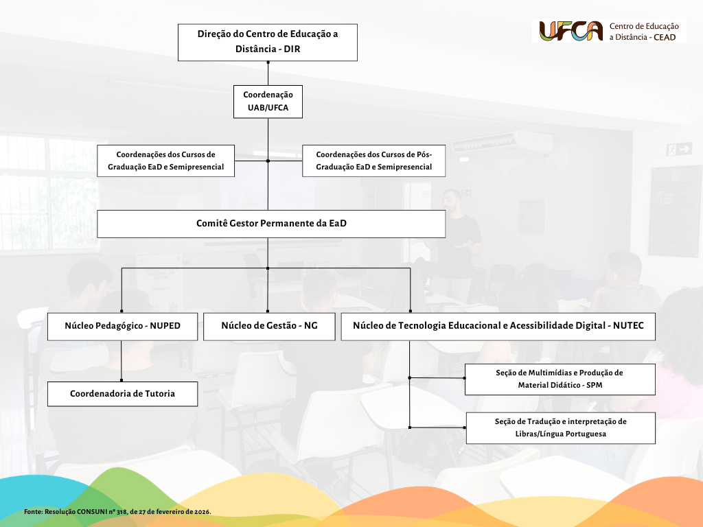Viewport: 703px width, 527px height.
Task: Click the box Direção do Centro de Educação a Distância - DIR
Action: (x=268, y=42)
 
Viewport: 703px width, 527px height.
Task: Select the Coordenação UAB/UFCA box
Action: (x=268, y=101)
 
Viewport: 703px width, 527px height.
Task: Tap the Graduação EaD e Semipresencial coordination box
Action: (x=166, y=161)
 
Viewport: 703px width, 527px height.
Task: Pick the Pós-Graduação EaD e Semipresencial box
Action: (x=373, y=161)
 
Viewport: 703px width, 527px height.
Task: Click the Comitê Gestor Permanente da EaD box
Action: (x=271, y=224)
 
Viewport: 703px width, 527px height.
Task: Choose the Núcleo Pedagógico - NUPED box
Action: (x=122, y=326)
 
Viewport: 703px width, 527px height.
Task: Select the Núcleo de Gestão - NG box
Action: (x=268, y=326)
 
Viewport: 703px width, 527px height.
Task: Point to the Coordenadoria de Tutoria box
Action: (x=122, y=394)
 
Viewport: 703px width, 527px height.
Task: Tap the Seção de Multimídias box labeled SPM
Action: (x=560, y=379)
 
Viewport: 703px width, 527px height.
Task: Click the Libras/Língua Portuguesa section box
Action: (x=560, y=428)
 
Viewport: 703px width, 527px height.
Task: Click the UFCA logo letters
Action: (x=571, y=31)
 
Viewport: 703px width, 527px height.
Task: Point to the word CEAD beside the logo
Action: (x=664, y=37)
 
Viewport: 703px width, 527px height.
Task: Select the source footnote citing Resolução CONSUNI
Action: (x=117, y=512)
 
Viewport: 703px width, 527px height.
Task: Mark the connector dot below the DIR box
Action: (x=268, y=62)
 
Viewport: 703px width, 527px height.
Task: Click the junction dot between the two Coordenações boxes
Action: (x=268, y=161)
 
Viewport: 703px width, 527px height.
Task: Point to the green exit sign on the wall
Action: (x=679, y=149)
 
